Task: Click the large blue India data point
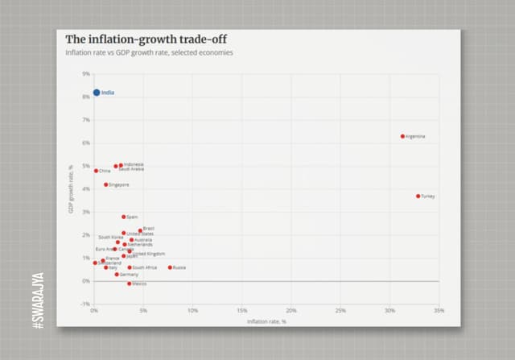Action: [x=97, y=93]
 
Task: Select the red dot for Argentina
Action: [x=402, y=136]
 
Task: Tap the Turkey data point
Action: [x=418, y=196]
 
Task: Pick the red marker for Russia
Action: [x=170, y=267]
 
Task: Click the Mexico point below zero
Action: [x=129, y=283]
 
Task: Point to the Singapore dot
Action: [x=105, y=184]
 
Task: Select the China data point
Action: [x=96, y=171]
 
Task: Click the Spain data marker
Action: [x=124, y=217]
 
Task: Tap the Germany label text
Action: [x=130, y=275]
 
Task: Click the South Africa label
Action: [x=145, y=267]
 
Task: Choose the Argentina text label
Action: [x=416, y=136]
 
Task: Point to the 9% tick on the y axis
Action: [x=86, y=74]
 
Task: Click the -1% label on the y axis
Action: [x=85, y=304]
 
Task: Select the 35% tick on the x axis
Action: [x=439, y=310]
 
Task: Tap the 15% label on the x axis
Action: [x=242, y=310]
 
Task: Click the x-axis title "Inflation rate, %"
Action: [x=266, y=321]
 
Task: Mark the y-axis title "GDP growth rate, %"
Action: [x=71, y=189]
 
